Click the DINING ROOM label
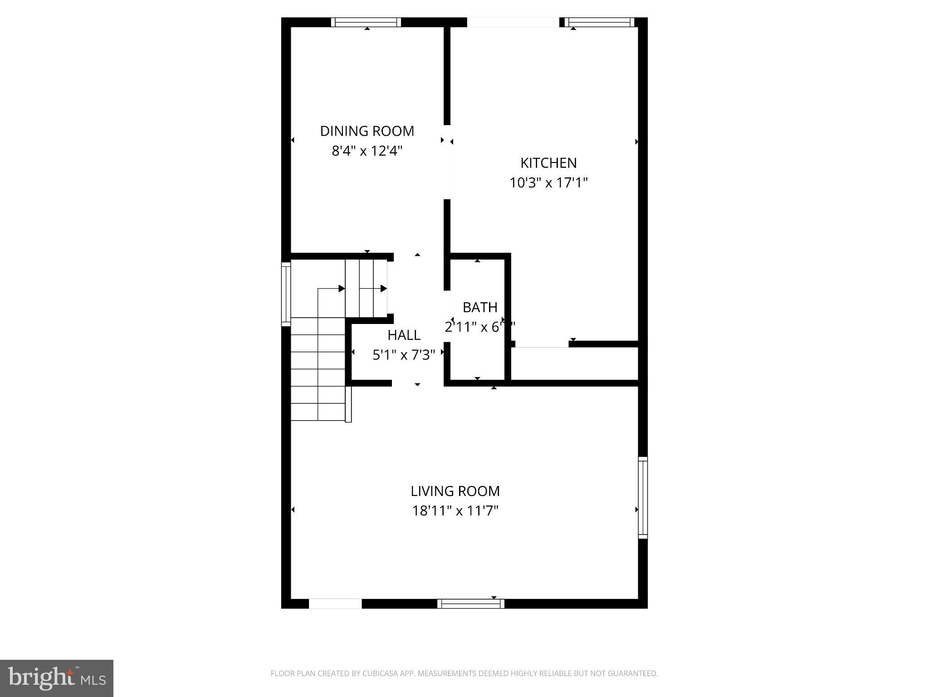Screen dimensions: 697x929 tap(367, 131)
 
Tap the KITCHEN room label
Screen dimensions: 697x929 tap(548, 163)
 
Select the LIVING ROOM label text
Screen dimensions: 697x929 tap(455, 491)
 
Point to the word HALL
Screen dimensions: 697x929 tap(404, 335)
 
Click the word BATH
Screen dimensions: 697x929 tap(480, 307)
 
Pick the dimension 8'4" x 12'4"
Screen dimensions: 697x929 tap(367, 151)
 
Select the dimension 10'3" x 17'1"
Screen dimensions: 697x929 tap(548, 183)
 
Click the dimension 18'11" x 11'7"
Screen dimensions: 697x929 tap(455, 511)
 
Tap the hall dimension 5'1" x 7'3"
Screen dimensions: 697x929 tap(404, 355)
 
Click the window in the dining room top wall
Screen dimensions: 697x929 tap(366, 22)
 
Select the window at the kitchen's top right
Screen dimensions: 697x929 tap(599, 22)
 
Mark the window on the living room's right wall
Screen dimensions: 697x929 tap(643, 497)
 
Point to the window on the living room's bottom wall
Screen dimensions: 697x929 tap(471, 604)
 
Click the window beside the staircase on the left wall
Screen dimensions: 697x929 tap(286, 294)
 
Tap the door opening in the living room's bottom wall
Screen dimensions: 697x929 tap(335, 604)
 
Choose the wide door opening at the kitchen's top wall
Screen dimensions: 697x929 tap(513, 22)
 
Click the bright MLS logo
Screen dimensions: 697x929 tap(57, 677)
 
